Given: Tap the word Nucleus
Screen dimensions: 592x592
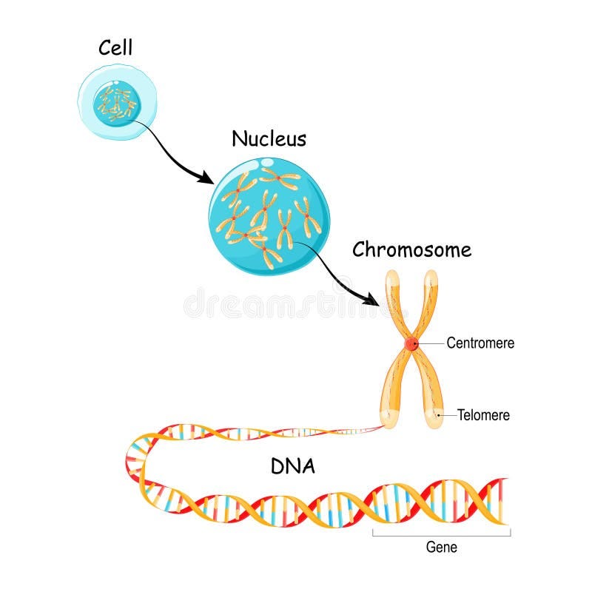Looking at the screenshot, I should pyautogui.click(x=269, y=138).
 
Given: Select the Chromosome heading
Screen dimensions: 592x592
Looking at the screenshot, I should pyautogui.click(x=411, y=249).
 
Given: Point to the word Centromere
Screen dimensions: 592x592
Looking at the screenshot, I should pyautogui.click(x=480, y=343).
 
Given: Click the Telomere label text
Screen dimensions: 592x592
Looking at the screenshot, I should pyautogui.click(x=483, y=415).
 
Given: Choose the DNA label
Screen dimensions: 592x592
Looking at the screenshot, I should pyautogui.click(x=293, y=466).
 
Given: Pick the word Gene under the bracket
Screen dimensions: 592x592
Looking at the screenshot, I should pyautogui.click(x=442, y=548).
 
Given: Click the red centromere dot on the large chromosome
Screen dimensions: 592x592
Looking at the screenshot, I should pyautogui.click(x=411, y=344).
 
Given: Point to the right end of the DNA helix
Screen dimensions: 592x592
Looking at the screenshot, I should pyautogui.click(x=503, y=499).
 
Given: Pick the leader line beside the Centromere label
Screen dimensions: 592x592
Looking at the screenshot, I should pyautogui.click(x=431, y=343).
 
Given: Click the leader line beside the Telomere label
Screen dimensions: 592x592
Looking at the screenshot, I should pyautogui.click(x=447, y=415).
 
